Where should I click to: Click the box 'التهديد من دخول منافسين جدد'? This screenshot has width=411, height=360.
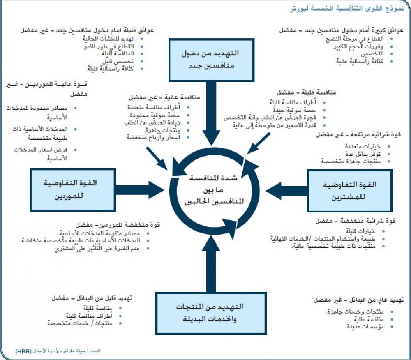(210, 60)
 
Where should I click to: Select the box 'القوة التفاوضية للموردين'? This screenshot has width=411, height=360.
(70, 189)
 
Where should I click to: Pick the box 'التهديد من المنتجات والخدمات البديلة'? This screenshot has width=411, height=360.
(210, 313)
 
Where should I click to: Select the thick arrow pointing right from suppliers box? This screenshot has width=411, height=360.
(140, 190)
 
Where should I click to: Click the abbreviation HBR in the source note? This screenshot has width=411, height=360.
(21, 352)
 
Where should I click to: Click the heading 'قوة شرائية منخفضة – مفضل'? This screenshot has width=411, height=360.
(356, 222)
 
